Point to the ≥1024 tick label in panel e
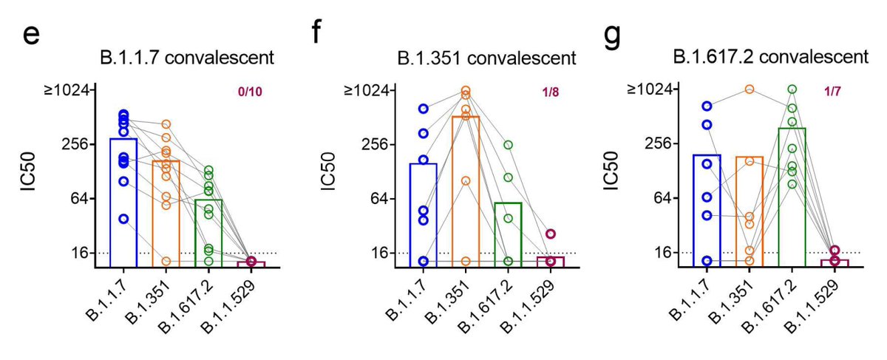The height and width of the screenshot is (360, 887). pyautogui.click(x=73, y=90)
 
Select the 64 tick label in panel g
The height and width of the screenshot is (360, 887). pyautogui.click(x=668, y=198)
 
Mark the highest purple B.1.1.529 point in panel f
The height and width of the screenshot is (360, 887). pyautogui.click(x=551, y=234)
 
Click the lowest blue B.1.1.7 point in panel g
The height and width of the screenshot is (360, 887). pyautogui.click(x=707, y=260)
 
